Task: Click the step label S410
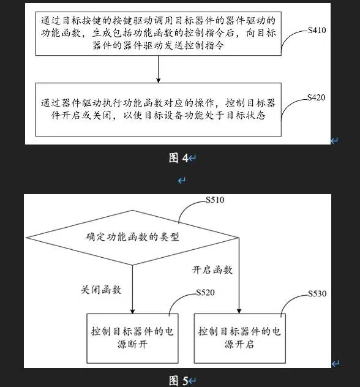[317, 31]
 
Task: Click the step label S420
[316, 97]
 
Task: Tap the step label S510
[215, 200]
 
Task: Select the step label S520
[205, 293]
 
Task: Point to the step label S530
[317, 293]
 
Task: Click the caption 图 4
[179, 158]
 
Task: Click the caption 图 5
[179, 380]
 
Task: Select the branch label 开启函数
[212, 270]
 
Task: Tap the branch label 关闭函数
[101, 290]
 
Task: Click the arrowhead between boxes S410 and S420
[159, 80]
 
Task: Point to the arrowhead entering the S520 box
[132, 311]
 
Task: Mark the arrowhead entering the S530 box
[239, 311]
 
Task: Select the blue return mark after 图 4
[192, 158]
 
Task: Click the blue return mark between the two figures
[182, 181]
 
